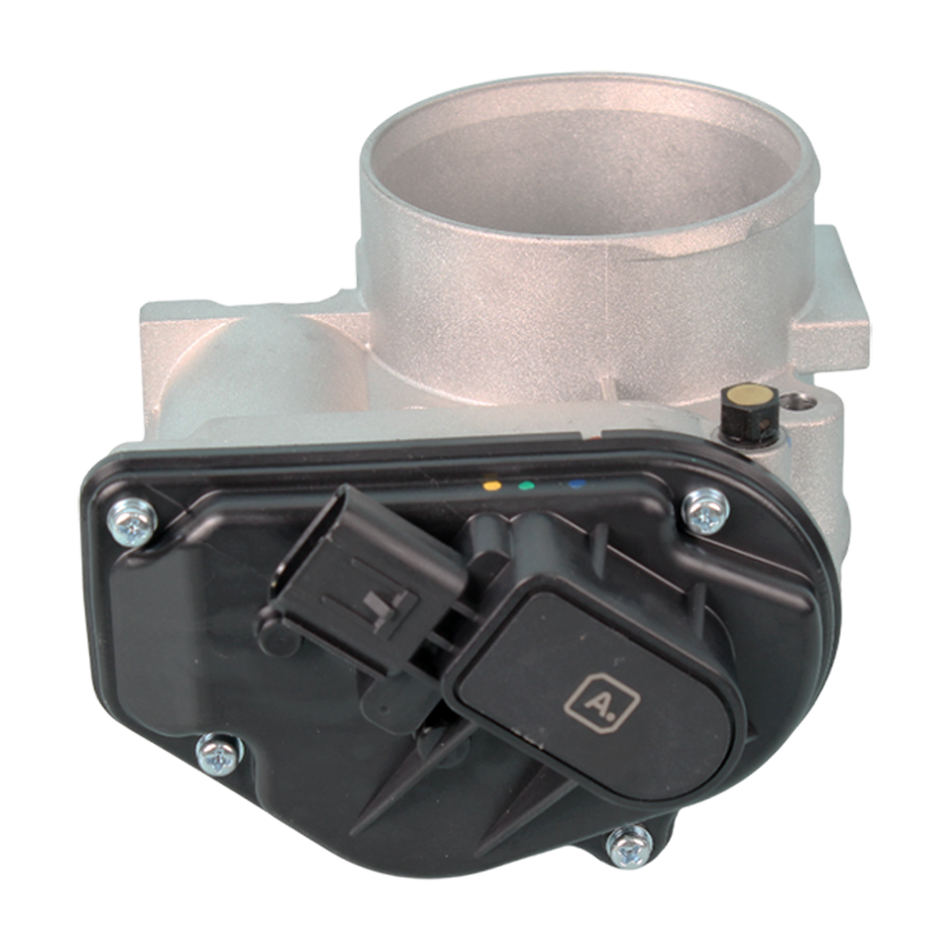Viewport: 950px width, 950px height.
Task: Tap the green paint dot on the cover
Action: click(x=526, y=484)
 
